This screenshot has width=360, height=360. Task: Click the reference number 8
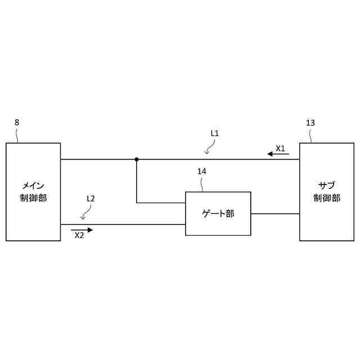coord(17,122)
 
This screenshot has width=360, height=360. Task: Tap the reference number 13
coord(310,123)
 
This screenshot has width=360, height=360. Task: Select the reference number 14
coord(202,171)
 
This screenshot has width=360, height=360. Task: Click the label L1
coord(214,133)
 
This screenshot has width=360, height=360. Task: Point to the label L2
coord(91,199)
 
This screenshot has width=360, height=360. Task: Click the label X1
coord(280,148)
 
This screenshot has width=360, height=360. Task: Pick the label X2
coord(79,236)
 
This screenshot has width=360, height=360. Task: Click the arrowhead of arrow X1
coord(271,154)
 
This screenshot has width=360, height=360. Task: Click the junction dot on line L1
coord(137,159)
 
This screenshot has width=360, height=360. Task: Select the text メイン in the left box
coord(33,185)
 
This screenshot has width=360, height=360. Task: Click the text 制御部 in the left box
coord(33,197)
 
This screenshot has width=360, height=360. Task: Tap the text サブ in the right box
coord(326,185)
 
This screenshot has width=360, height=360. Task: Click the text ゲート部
coord(218,213)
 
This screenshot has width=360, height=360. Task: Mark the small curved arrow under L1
coord(209,148)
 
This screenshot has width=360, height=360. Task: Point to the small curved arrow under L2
coord(85,214)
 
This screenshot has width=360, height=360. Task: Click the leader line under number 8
coord(18,136)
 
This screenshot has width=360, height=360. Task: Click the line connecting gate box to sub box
coord(275,214)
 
